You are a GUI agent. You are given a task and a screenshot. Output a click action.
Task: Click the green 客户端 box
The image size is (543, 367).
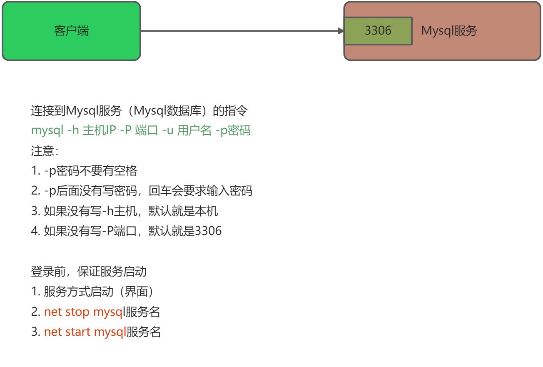71,31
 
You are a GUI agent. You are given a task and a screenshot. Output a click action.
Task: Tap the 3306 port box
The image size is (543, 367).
378,31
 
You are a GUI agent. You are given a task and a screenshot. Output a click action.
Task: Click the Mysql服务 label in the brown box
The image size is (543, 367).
449,31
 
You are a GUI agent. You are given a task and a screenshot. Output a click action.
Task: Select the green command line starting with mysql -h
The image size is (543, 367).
141,131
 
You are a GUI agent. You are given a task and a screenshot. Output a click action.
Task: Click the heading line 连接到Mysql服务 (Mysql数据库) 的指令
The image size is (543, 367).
139,111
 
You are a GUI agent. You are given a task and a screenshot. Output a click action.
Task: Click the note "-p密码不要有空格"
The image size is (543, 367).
90,171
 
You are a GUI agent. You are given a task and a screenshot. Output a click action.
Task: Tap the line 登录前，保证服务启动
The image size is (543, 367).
88,272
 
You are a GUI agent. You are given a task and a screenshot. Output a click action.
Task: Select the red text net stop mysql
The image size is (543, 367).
84,312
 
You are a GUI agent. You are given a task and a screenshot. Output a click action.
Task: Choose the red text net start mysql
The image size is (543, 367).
85,332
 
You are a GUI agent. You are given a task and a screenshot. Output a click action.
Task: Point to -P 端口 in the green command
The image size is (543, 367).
139,131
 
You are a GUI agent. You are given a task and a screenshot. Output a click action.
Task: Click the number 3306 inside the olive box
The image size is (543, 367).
378,31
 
